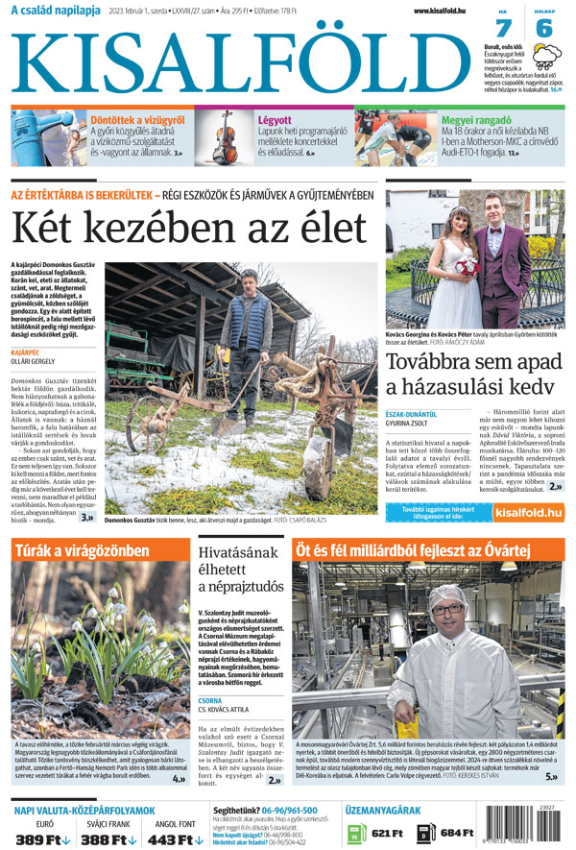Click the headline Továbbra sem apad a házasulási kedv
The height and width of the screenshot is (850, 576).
coord(469,374)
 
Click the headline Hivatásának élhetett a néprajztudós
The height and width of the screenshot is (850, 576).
coord(240,571)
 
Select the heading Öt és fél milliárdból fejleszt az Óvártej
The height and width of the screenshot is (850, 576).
coord(413,548)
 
